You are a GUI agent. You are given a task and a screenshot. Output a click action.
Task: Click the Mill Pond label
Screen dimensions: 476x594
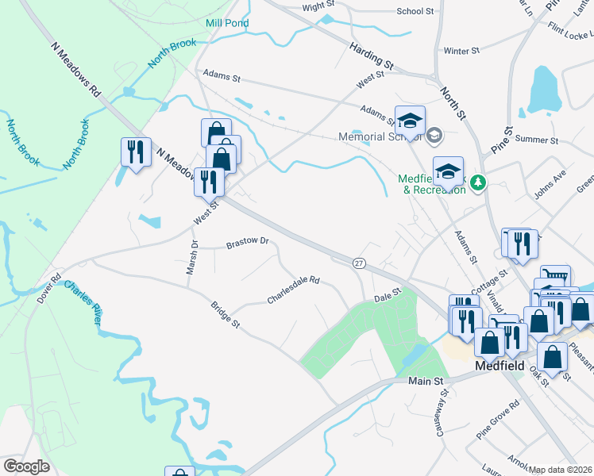(x=227, y=23)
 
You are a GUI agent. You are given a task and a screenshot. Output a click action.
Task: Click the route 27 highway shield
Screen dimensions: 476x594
(x=359, y=262)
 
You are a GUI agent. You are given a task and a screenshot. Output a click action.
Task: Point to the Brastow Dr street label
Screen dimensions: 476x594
(x=248, y=241)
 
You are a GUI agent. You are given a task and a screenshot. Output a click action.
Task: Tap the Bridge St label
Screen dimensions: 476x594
(x=225, y=313)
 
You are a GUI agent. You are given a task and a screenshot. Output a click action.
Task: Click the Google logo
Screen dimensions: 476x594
(x=26, y=466)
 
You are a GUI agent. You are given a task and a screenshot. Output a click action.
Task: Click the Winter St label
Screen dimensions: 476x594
(x=461, y=51)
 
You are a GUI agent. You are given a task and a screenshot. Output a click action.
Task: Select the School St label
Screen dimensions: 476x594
(x=415, y=12)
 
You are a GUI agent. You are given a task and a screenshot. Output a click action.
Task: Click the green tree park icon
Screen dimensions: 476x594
(x=477, y=183)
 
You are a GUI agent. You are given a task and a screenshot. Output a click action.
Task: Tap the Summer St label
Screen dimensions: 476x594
(x=537, y=140)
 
